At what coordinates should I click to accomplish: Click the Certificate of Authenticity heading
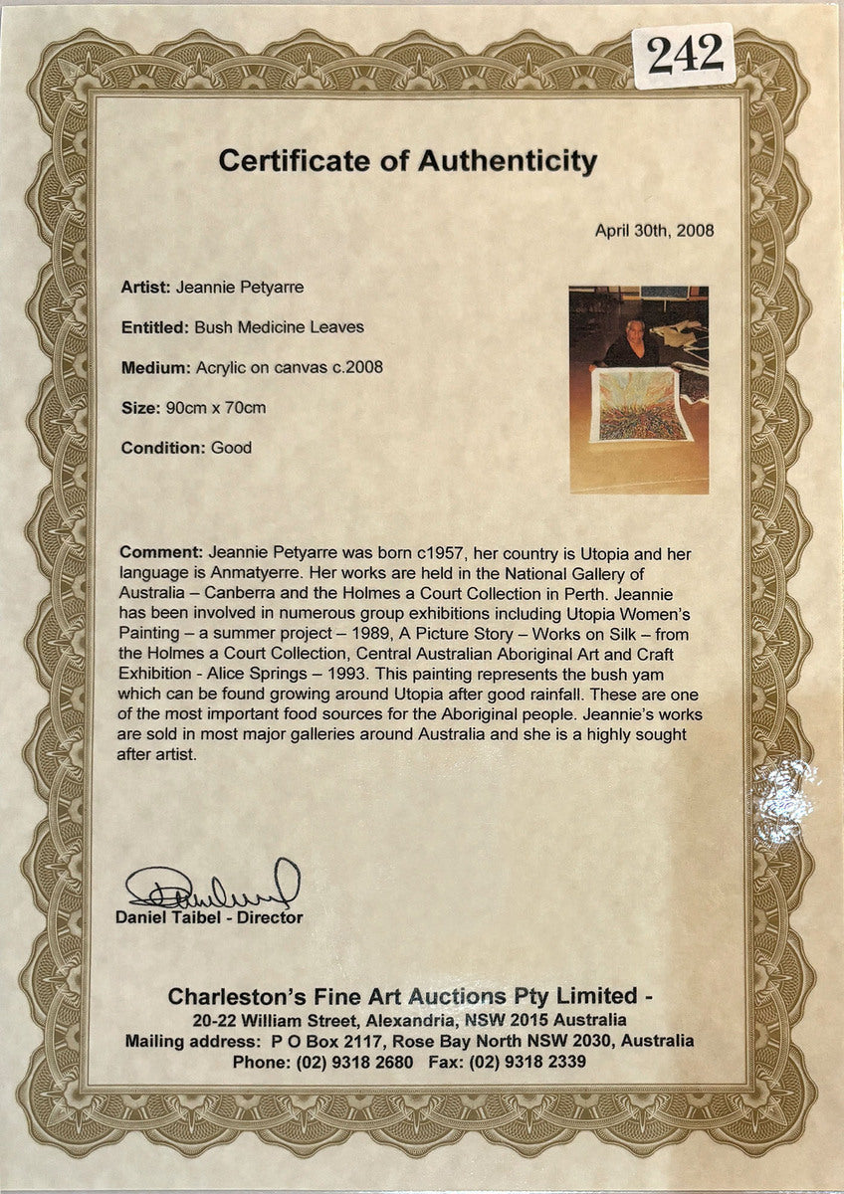tap(408, 161)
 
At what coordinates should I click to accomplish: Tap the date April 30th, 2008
tap(654, 230)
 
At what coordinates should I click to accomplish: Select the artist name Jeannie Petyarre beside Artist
tap(240, 288)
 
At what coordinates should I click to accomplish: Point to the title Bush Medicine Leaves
tap(279, 326)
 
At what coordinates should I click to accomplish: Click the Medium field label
tap(154, 367)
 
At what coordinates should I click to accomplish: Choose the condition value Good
tap(231, 448)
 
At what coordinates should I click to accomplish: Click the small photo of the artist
tap(639, 389)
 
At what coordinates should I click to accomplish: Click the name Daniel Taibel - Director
tap(209, 917)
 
